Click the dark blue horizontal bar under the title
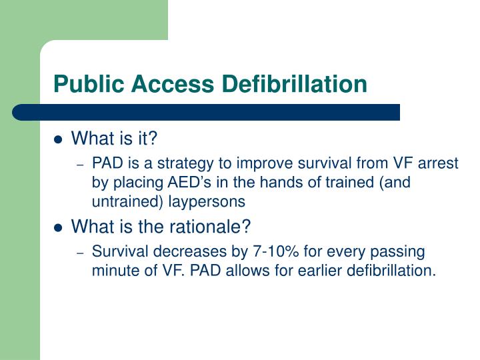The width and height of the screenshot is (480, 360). click(207, 112)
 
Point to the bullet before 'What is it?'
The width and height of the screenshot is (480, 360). click(58, 140)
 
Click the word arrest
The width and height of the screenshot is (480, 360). click(439, 163)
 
